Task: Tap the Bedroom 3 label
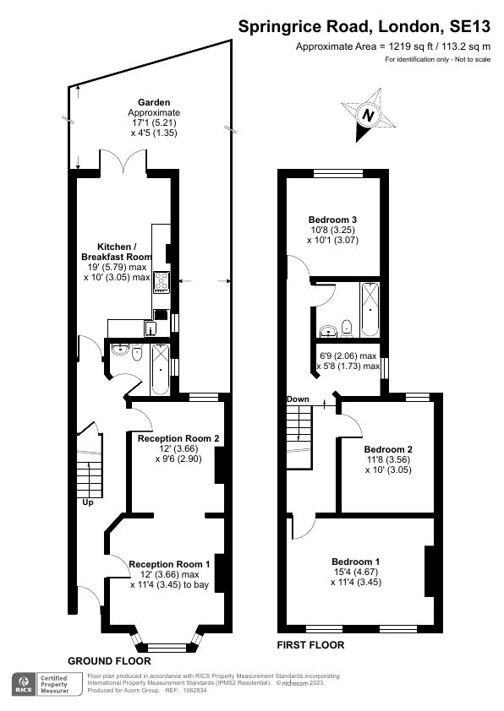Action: [332, 220]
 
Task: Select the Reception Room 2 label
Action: [178, 438]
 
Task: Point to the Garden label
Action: [154, 102]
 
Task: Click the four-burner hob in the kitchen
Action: [162, 281]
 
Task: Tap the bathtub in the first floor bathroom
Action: [370, 310]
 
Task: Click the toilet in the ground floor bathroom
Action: [137, 353]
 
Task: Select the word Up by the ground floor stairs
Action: [88, 502]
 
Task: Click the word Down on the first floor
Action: [298, 399]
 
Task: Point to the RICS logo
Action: [24, 684]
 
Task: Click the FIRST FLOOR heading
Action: [310, 645]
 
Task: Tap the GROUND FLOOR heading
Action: [109, 660]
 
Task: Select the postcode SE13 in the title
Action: [470, 27]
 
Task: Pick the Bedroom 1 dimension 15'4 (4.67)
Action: [355, 572]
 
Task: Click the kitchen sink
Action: [151, 328]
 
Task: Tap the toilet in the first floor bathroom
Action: [347, 328]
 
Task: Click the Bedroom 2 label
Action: [388, 449]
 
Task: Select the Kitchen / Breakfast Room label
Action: [117, 252]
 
